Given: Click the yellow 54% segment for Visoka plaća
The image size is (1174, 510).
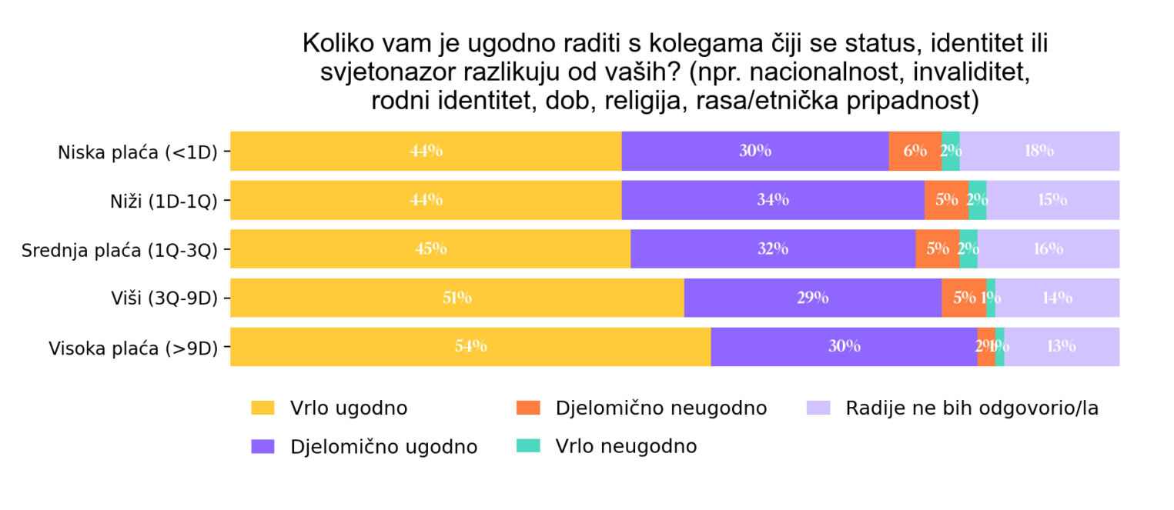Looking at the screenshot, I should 470,347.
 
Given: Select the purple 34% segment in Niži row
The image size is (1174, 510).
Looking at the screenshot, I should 773,200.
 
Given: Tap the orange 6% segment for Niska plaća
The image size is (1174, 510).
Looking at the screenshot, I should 915,151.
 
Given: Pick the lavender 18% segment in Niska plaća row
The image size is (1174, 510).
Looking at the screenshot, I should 1039,151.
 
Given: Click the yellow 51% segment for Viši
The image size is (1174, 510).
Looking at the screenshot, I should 457,298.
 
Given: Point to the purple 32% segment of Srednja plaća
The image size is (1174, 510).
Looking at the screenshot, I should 773,249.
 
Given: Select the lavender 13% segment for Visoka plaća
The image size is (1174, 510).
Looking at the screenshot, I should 1062,347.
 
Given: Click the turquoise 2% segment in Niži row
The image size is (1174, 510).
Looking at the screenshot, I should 977,200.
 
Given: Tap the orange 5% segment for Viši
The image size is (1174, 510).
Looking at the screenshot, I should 964,298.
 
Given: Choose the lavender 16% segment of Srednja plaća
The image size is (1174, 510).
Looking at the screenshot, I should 1049,249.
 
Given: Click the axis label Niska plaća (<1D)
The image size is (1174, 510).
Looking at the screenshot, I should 138,152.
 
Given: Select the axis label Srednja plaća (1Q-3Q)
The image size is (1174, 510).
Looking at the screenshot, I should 120,250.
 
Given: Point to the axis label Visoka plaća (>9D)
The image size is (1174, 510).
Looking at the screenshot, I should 133,348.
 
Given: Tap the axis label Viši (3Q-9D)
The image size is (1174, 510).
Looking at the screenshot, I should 164,299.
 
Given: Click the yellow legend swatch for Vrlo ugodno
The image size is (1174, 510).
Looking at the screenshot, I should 263,408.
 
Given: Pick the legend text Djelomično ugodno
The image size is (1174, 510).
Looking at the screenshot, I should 383,447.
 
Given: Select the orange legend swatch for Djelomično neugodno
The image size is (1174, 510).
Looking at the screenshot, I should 528,408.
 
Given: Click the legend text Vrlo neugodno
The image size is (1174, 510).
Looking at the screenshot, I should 626,446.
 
